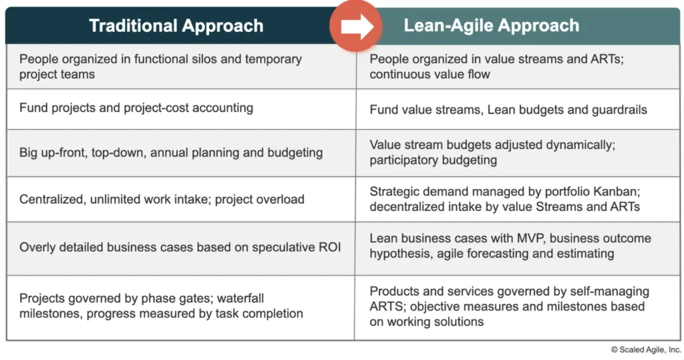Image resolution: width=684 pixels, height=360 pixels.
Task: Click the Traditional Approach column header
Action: (x=176, y=26)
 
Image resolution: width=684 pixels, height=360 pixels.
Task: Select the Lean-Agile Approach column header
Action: (x=491, y=26)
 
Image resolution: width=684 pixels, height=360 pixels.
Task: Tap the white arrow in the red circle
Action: (x=355, y=27)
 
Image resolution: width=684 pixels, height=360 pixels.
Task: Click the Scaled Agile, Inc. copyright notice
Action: (x=645, y=349)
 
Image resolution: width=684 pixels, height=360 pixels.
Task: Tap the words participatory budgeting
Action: (x=433, y=160)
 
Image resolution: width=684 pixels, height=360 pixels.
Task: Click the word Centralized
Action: (x=53, y=199)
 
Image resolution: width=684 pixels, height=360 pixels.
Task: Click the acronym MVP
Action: (x=513, y=238)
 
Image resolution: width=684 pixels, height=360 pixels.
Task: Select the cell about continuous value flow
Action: (x=430, y=74)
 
